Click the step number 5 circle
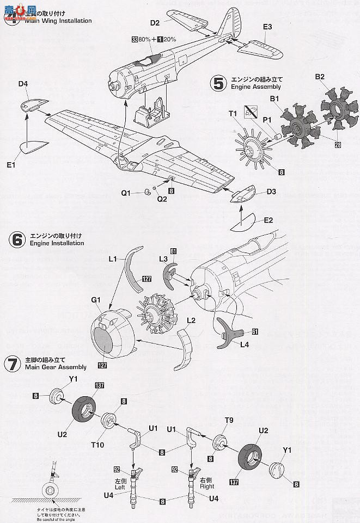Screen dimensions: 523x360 tap(218, 83)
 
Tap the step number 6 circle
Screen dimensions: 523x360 tap(17, 239)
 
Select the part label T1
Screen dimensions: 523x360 tap(233, 113)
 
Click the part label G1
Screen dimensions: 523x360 tap(96, 299)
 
